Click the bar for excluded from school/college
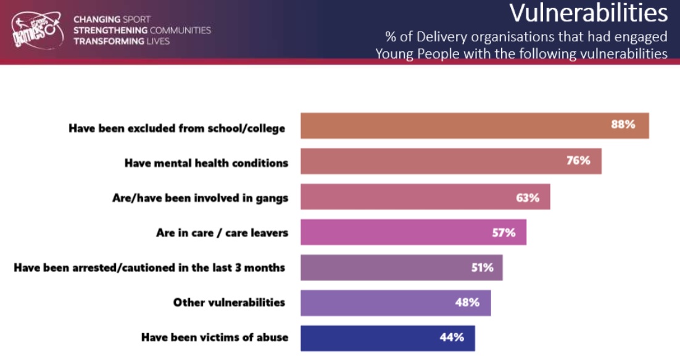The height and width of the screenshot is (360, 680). [474, 125]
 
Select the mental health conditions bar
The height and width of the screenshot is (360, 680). [450, 161]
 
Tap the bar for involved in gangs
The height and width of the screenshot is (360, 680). [425, 197]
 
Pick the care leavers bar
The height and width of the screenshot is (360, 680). [413, 232]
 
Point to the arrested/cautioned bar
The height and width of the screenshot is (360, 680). [401, 267]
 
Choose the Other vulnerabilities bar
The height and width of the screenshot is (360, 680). [395, 303]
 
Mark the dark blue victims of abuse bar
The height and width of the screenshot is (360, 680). [387, 338]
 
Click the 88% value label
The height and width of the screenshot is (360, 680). [623, 125]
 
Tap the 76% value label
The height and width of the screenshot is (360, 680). [578, 161]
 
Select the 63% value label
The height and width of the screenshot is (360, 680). [528, 198]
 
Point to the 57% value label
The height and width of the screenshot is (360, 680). [504, 233]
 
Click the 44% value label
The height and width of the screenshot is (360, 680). [452, 338]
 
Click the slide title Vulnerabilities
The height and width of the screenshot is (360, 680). [588, 13]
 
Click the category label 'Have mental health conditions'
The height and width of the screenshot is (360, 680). [206, 163]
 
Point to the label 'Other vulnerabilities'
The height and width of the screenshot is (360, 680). [229, 302]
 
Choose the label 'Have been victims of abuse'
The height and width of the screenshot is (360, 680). [214, 337]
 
